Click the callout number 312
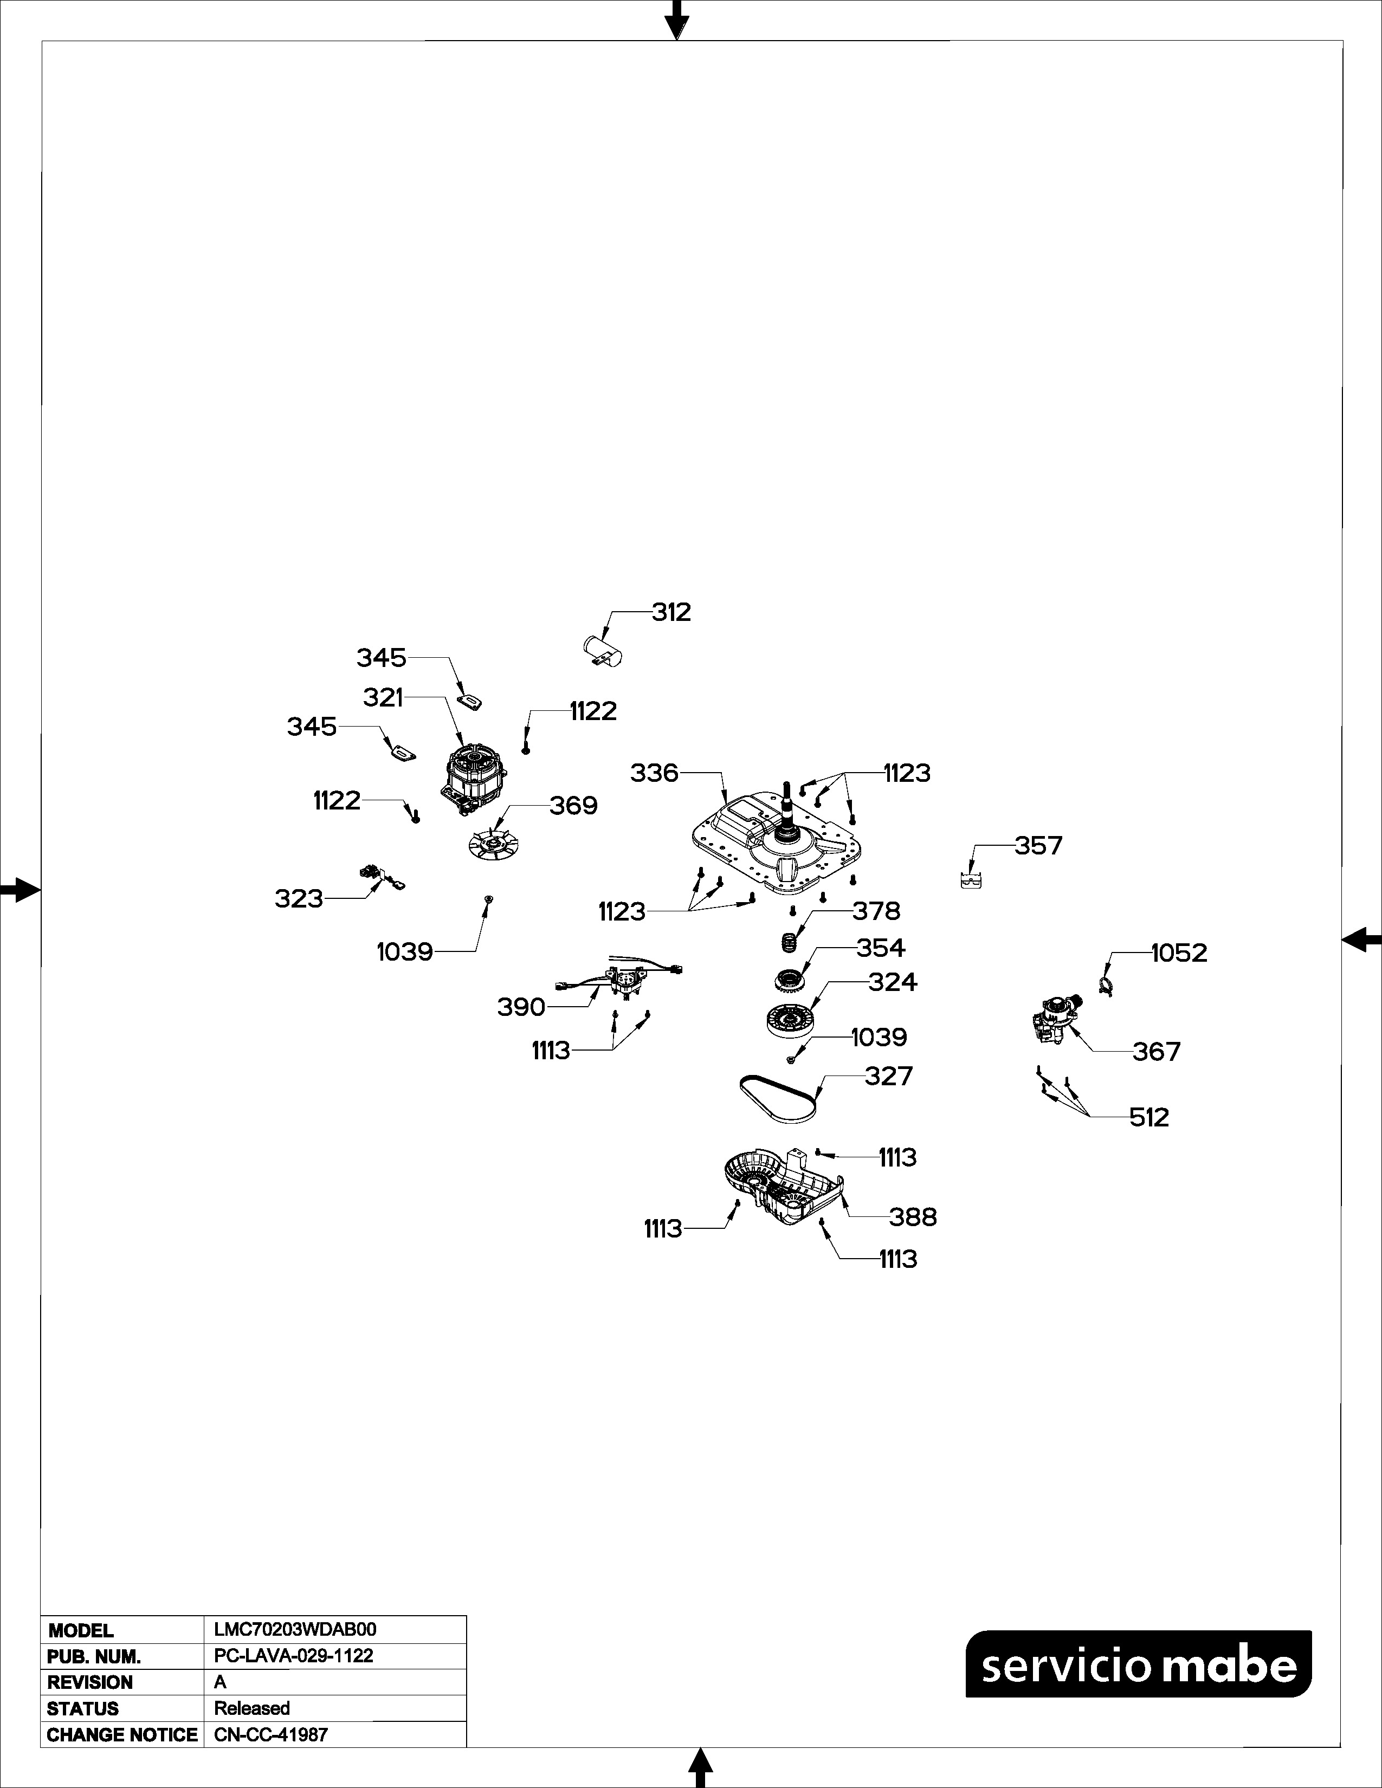[671, 612]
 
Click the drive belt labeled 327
[778, 1098]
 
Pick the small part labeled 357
[970, 880]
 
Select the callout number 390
[521, 1007]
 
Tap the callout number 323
[299, 899]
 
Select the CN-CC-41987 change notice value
[270, 1735]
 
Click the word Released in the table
[251, 1708]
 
